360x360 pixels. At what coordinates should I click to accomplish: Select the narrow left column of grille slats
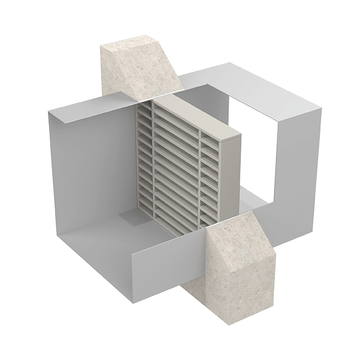(x=143, y=162)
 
